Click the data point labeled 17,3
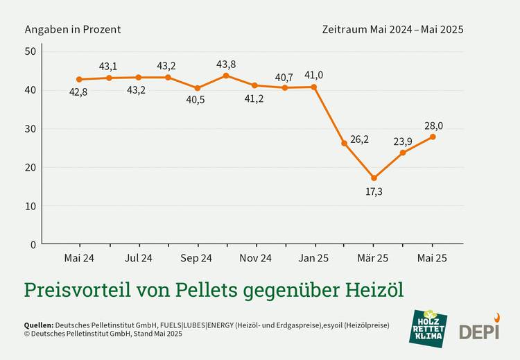pyautogui.click(x=374, y=178)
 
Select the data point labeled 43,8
pyautogui.click(x=226, y=75)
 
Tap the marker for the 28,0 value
pyautogui.click(x=433, y=137)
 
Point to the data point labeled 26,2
pyautogui.click(x=344, y=143)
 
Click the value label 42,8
pyautogui.click(x=78, y=92)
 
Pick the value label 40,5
pyautogui.click(x=196, y=100)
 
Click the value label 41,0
pyautogui.click(x=314, y=75)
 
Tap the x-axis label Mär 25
pyautogui.click(x=373, y=259)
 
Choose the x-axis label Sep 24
pyautogui.click(x=196, y=259)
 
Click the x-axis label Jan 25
pyautogui.click(x=314, y=259)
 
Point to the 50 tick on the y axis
pyautogui.click(x=30, y=51)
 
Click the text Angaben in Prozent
pyautogui.click(x=73, y=29)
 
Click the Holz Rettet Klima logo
pyautogui.click(x=428, y=328)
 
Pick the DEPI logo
pyautogui.click(x=479, y=329)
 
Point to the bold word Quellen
pyautogui.click(x=38, y=325)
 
